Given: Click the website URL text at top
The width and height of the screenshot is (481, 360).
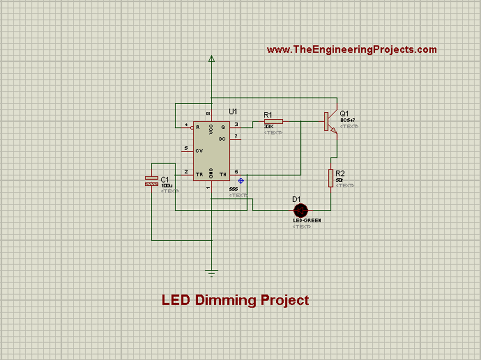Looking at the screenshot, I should pyautogui.click(x=351, y=49).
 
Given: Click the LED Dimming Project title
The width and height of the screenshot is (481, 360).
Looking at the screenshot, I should pyautogui.click(x=235, y=300).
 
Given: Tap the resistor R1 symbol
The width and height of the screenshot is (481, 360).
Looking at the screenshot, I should pyautogui.click(x=273, y=121).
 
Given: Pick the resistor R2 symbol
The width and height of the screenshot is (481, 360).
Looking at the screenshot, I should pyautogui.click(x=331, y=178).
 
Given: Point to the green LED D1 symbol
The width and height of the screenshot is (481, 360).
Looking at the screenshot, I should pyautogui.click(x=300, y=210).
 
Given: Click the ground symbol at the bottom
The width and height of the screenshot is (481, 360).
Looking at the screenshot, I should pyautogui.click(x=212, y=272).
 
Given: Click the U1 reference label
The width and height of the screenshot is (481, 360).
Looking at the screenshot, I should pyautogui.click(x=233, y=111).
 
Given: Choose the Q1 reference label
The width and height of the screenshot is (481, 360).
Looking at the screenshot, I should pyautogui.click(x=344, y=114).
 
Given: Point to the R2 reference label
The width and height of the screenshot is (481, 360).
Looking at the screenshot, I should pyautogui.click(x=340, y=173).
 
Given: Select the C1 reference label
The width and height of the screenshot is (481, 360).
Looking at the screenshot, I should pyautogui.click(x=164, y=180).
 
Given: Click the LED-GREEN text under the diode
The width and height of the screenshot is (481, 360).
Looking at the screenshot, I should pyautogui.click(x=307, y=220).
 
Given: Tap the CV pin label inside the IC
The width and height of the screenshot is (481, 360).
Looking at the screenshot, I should pyautogui.click(x=199, y=151).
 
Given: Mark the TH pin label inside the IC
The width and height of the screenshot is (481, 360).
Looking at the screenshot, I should pyautogui.click(x=223, y=174).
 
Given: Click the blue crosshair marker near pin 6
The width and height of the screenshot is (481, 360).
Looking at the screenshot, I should pyautogui.click(x=241, y=180).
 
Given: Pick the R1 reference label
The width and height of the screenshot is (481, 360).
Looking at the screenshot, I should pyautogui.click(x=268, y=115).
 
